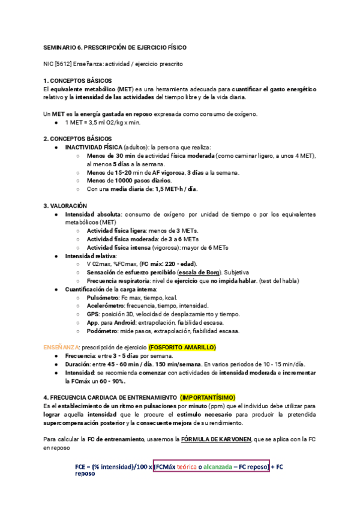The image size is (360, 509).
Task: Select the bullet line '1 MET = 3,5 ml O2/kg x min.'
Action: point(102,122)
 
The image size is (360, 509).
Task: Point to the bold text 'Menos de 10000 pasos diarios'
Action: point(128,181)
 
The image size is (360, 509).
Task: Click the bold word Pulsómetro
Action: point(102,298)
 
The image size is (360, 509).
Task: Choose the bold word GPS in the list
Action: point(93,314)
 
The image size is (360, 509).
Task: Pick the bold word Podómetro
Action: point(103,331)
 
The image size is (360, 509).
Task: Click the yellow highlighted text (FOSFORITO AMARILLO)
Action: point(182,348)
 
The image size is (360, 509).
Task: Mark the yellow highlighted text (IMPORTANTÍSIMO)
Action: point(208,397)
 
